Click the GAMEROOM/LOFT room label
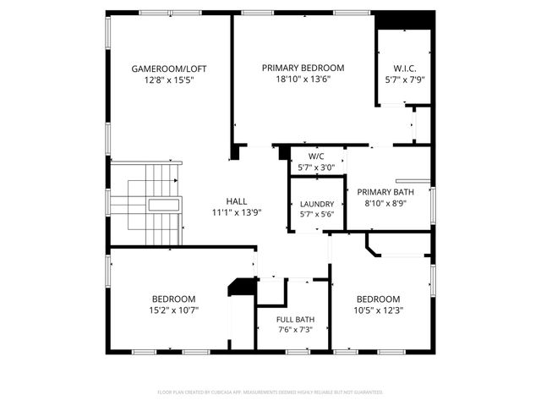click(169, 69)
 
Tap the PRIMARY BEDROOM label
click(303, 69)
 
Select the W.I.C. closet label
click(404, 69)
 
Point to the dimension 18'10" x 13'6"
click(303, 80)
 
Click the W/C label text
click(316, 156)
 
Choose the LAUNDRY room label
click(317, 204)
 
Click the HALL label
click(237, 201)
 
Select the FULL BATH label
click(295, 318)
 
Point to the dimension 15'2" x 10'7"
click(174, 310)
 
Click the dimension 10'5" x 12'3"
click(378, 310)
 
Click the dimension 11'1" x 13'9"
click(237, 213)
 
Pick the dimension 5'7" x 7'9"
click(404, 80)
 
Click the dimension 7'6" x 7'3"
click(295, 329)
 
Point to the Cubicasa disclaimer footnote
click(270, 392)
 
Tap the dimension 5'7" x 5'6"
click(317, 216)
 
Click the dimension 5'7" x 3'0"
click(316, 167)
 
